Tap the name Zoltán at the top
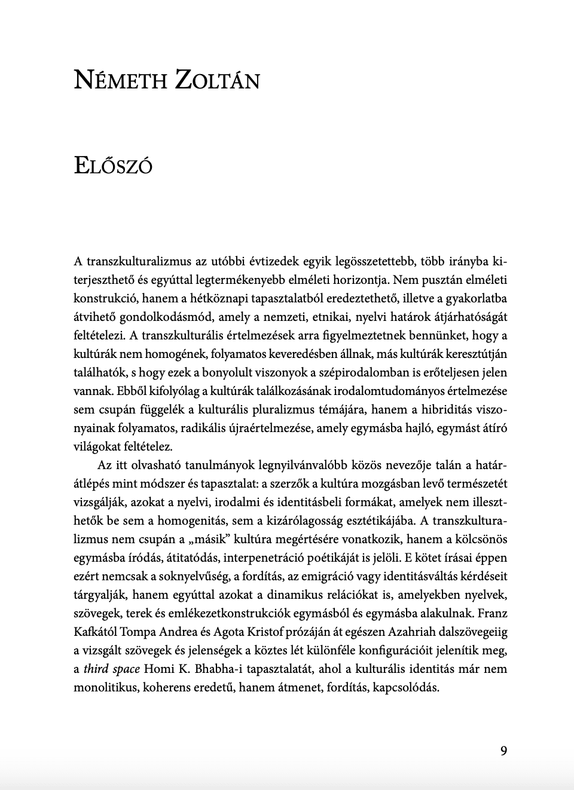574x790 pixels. tap(218, 80)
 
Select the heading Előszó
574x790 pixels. tap(113, 164)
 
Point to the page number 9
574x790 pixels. tap(503, 751)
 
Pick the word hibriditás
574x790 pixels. tap(439, 409)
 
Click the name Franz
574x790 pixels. tap(493, 613)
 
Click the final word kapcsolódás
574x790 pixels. tap(406, 687)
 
